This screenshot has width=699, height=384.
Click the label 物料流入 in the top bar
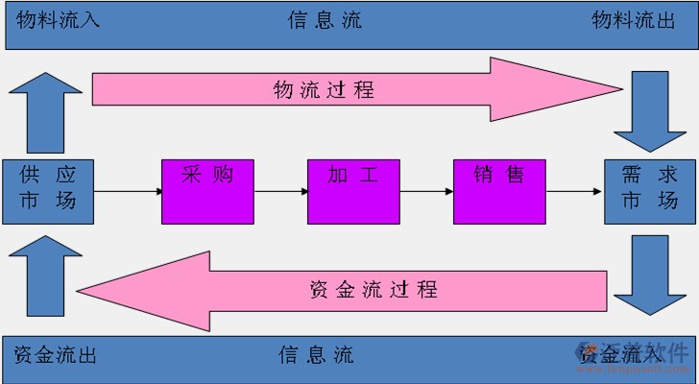point(57,20)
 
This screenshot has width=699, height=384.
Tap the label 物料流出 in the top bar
point(633,20)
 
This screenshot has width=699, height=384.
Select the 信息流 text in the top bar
point(325,20)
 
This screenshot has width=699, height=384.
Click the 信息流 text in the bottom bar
point(316,355)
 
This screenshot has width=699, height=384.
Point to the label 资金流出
point(56,355)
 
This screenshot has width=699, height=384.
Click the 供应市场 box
point(48,190)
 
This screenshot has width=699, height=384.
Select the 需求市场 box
point(649,190)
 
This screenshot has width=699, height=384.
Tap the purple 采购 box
point(207,190)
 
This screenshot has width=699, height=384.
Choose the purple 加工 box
point(353,190)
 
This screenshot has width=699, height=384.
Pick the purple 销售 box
point(499,190)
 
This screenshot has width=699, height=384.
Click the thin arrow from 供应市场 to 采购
point(129,192)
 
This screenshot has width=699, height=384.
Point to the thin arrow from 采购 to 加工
point(280,192)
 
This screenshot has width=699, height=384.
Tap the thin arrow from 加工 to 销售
point(426,192)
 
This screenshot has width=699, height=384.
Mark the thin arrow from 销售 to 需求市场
point(574,192)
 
